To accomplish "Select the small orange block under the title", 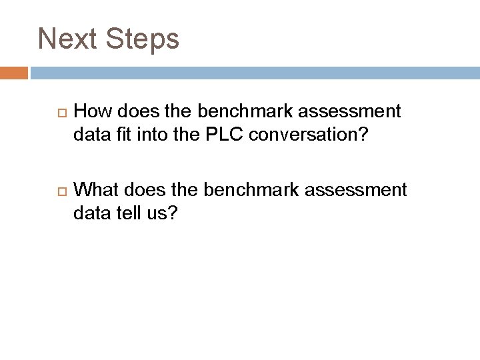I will [14, 72].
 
